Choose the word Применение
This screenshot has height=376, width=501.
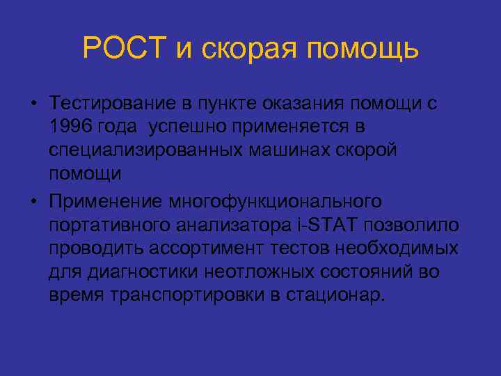click(x=104, y=201)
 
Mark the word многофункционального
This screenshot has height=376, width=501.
click(x=274, y=201)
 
